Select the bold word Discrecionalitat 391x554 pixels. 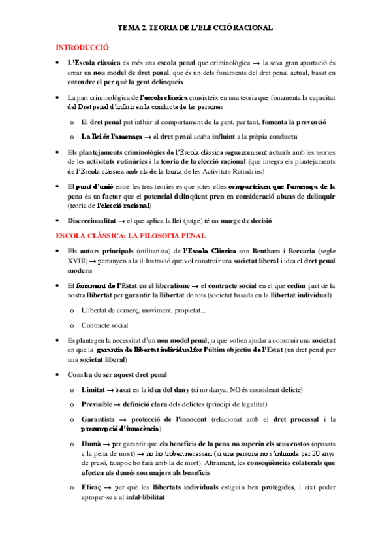click(x=95, y=221)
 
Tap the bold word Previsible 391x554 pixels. click(x=99, y=404)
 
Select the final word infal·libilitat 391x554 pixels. click(x=144, y=497)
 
